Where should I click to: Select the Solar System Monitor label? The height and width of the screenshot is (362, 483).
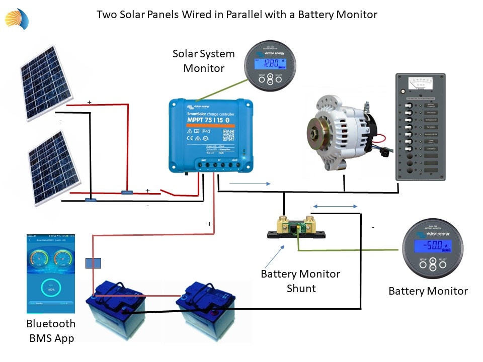click(203, 61)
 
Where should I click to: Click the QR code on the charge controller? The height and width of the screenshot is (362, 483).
click(228, 134)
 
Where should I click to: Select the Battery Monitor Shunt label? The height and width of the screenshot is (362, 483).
click(300, 281)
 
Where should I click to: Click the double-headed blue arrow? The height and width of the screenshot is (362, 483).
click(335, 206)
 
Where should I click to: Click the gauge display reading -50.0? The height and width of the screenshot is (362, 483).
click(432, 246)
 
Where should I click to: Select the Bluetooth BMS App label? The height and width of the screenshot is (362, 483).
click(51, 330)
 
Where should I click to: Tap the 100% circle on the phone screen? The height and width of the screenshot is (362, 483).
click(50, 290)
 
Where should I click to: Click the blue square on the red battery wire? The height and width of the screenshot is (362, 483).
click(94, 263)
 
